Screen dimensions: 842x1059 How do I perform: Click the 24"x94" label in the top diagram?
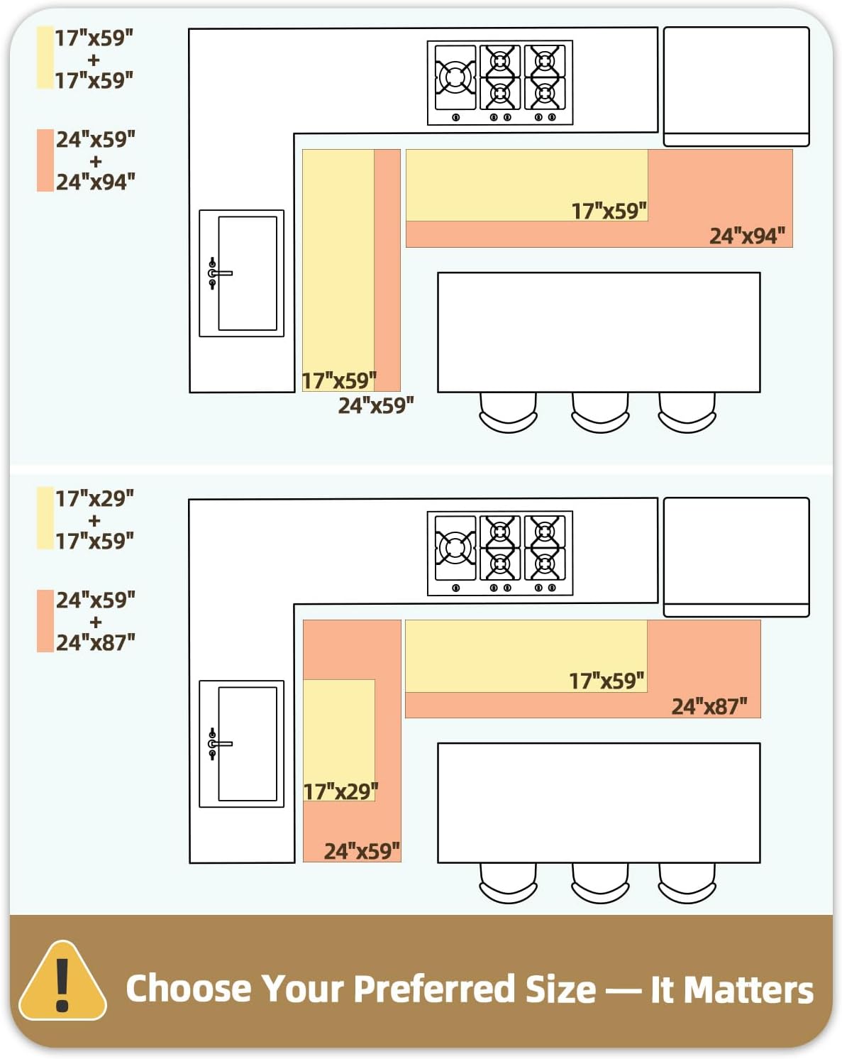point(746,236)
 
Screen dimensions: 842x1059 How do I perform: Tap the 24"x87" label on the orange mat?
point(709,706)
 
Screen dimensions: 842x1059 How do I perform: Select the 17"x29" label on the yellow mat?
point(340,791)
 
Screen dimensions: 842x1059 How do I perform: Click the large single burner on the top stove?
point(455,77)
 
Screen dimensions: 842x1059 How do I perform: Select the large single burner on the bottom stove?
point(455,548)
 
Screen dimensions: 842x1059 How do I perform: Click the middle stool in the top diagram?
point(599,412)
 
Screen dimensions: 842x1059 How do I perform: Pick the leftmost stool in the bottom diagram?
point(508,883)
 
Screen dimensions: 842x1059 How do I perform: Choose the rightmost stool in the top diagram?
point(687,412)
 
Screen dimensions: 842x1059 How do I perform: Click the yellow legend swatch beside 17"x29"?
point(45,517)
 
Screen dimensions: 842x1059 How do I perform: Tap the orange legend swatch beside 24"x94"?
point(45,160)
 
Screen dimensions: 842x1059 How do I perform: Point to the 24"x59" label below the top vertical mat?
point(376,405)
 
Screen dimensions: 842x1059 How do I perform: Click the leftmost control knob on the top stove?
point(455,117)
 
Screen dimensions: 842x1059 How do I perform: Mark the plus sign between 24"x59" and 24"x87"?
point(96,622)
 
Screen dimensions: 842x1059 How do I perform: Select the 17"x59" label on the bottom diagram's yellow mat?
point(606,681)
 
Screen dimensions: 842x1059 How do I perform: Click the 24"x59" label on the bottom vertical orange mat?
point(362,851)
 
